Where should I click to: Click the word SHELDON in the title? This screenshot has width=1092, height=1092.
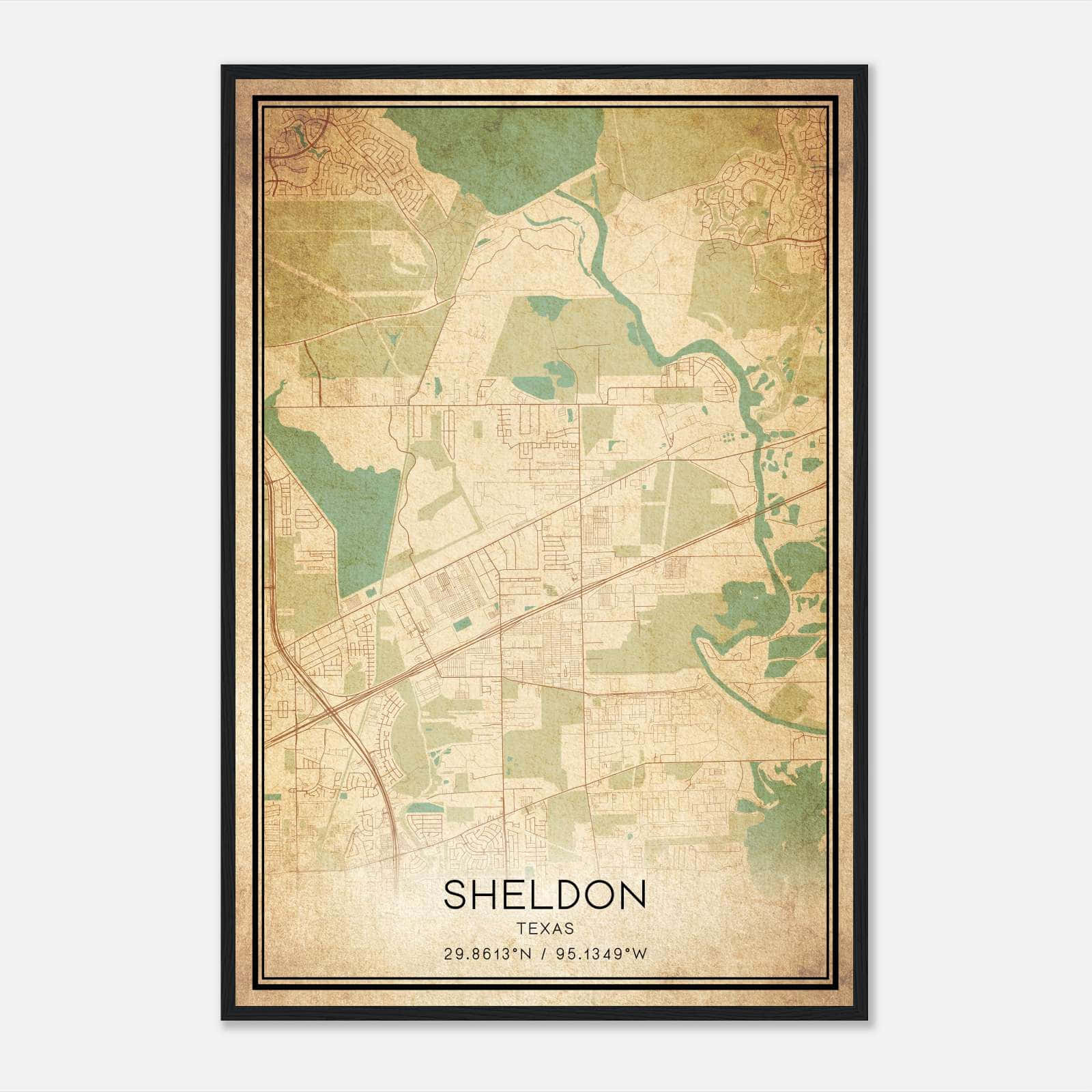tap(545, 895)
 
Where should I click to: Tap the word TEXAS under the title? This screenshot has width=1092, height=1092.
tap(545, 929)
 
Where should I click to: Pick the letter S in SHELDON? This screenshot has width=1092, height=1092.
tap(455, 895)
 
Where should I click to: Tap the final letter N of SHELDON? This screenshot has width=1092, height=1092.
tap(633, 895)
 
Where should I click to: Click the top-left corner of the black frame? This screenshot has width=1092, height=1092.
tap(223, 67)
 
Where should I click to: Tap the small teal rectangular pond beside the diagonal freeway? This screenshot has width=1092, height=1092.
tap(463, 623)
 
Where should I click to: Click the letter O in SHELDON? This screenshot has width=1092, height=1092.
tap(599, 895)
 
